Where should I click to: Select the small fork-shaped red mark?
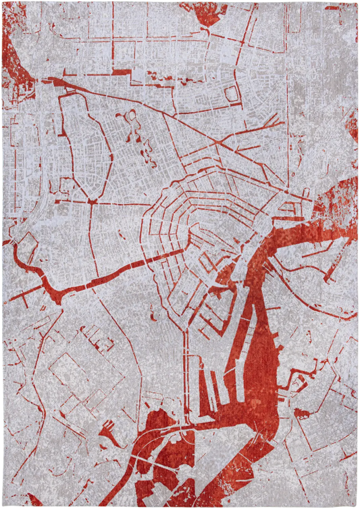[x=108, y=432]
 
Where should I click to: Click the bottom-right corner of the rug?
[x=357, y=506]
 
